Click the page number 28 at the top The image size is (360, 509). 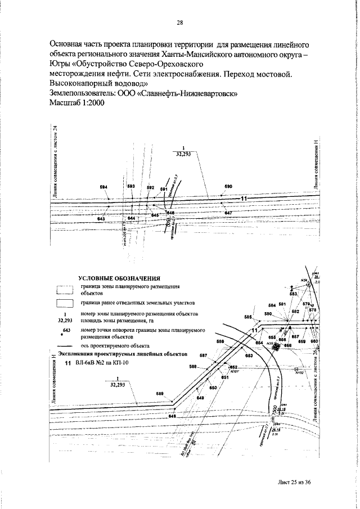(x=181, y=23)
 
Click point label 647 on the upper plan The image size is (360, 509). (x=228, y=213)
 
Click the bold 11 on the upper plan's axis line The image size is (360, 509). (x=244, y=199)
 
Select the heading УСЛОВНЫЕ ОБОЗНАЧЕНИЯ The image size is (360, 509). (x=120, y=278)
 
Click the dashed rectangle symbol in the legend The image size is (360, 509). (x=65, y=290)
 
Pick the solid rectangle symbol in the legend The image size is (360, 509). (x=65, y=304)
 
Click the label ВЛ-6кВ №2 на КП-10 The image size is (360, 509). (x=102, y=364)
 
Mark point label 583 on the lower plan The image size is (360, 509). (x=293, y=294)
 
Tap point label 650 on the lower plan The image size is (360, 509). (x=213, y=388)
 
